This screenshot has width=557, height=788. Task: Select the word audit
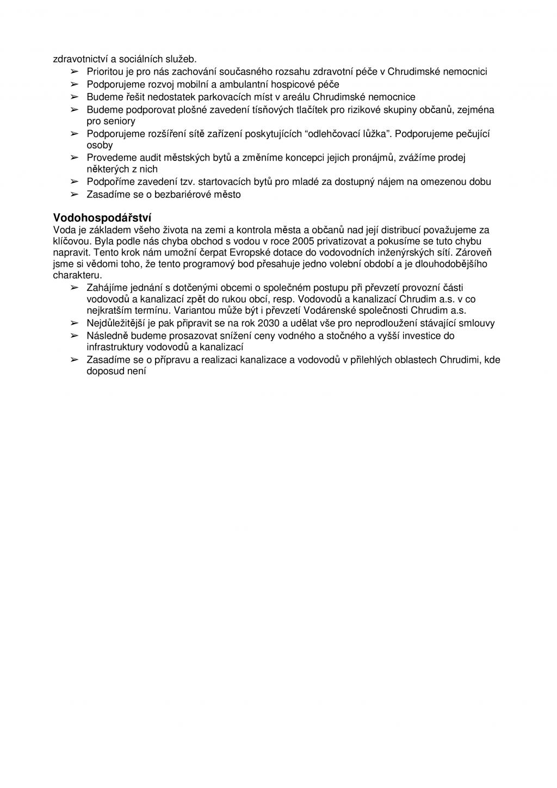151,158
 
